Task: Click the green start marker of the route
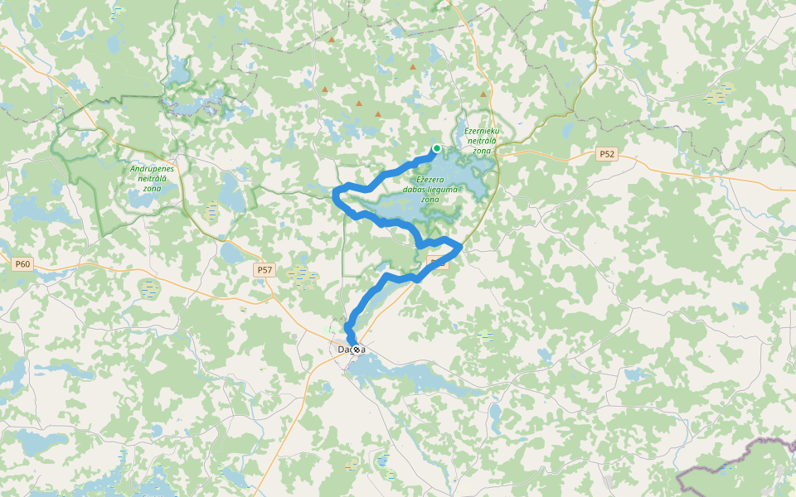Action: [437, 148]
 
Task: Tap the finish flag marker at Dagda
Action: [356, 350]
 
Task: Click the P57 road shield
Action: [265, 270]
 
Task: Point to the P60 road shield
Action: [22, 264]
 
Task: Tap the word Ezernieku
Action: [482, 131]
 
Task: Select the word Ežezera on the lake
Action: [430, 180]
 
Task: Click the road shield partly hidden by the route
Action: [439, 263]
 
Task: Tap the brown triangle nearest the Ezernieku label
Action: [483, 94]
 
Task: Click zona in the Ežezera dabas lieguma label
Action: [430, 200]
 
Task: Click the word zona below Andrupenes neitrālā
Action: [153, 188]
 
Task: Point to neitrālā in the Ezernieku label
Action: [483, 141]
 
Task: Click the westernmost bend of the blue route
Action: [335, 195]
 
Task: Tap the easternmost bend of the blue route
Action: [460, 246]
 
